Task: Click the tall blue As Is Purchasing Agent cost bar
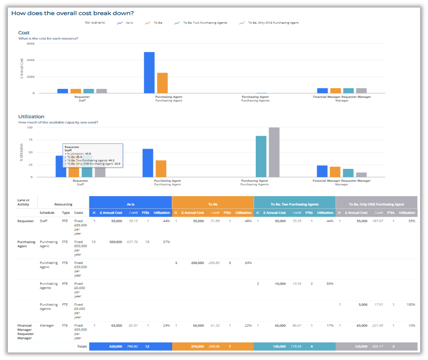tap(149, 73)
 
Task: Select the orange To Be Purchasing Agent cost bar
tap(162, 83)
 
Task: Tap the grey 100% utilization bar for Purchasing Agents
tap(274, 152)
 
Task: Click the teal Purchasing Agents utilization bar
tap(261, 156)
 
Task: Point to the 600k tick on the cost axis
tap(30, 44)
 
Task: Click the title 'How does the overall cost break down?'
tap(73, 13)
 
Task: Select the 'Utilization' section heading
tap(31, 117)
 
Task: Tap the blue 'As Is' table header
tap(131, 204)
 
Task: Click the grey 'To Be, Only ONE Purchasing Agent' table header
tap(377, 204)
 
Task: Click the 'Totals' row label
tap(82, 346)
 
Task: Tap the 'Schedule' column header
tap(47, 213)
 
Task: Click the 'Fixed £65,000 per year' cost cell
tap(80, 332)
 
